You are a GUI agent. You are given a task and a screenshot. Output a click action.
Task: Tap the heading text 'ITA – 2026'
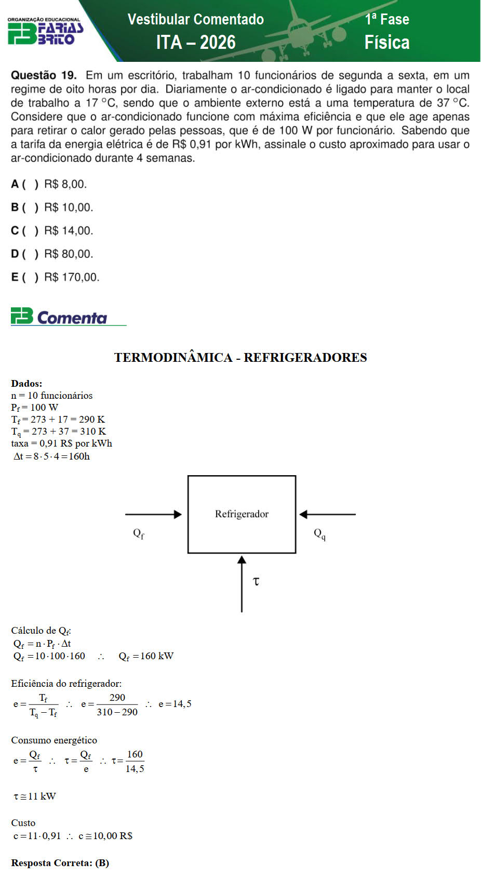(196, 42)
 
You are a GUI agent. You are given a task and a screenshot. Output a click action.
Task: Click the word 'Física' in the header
(387, 42)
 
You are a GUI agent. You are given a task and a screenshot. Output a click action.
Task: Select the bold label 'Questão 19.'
(44, 75)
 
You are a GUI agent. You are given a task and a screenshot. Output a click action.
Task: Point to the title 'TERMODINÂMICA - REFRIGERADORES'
(240, 357)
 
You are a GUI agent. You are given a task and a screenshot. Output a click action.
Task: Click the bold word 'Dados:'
(26, 384)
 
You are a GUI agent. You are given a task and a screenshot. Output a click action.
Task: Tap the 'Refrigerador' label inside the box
(242, 514)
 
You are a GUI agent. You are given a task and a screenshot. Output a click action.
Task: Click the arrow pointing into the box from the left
(153, 514)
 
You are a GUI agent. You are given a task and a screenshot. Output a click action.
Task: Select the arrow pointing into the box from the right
(327, 514)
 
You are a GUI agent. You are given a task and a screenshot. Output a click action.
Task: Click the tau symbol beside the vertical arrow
(256, 581)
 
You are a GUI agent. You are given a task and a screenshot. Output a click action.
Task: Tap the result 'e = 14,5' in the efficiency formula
(175, 704)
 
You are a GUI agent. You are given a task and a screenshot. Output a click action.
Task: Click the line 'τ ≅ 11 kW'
(35, 796)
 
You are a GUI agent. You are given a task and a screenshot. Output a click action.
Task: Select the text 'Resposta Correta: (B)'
(60, 863)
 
